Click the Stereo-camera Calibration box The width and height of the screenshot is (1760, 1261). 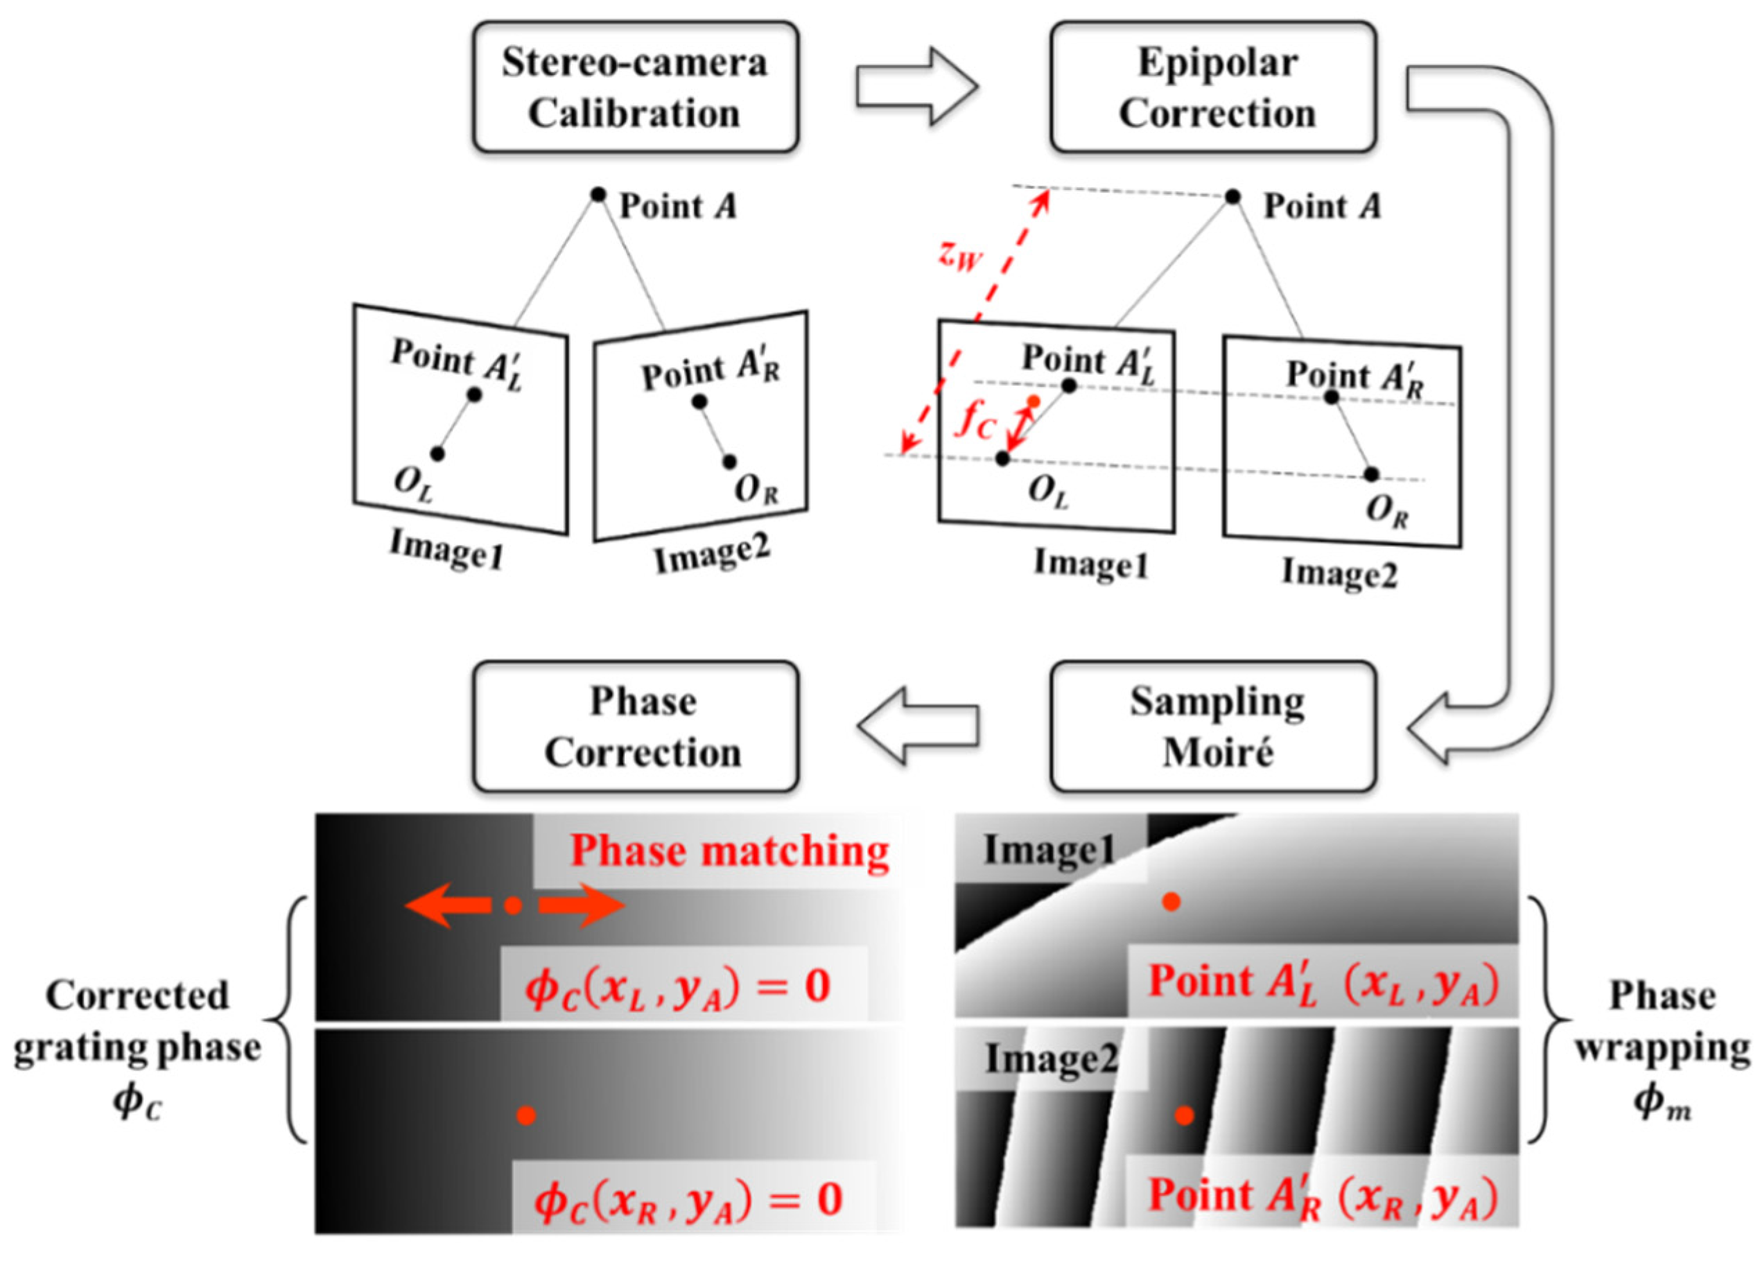pyautogui.click(x=635, y=87)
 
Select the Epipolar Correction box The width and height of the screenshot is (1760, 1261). pyautogui.click(x=1213, y=87)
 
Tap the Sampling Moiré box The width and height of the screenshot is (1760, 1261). pyautogui.click(x=1213, y=727)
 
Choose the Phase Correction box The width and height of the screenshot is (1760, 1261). pyautogui.click(x=635, y=727)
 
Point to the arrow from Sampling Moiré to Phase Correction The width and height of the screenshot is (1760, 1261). pyautogui.click(x=916, y=727)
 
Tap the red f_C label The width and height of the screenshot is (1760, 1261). pyautogui.click(x=975, y=423)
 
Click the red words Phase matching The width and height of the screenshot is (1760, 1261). pyautogui.click(x=729, y=851)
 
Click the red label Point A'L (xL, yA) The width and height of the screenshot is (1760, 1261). pyautogui.click(x=1323, y=982)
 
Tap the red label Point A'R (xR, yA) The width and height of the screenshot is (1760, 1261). pyautogui.click(x=1323, y=1196)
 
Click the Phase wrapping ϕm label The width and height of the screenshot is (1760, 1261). pyautogui.click(x=1662, y=1047)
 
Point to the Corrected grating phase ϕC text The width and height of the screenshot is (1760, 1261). pyautogui.click(x=137, y=1047)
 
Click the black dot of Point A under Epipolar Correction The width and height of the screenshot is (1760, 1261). pyautogui.click(x=1232, y=197)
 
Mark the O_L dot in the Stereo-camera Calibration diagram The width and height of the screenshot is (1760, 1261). pyautogui.click(x=437, y=454)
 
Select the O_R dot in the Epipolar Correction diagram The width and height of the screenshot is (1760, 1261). pyautogui.click(x=1371, y=474)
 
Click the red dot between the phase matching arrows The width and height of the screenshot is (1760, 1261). pyautogui.click(x=512, y=905)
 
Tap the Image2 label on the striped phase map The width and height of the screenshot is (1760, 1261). pyautogui.click(x=1051, y=1059)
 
